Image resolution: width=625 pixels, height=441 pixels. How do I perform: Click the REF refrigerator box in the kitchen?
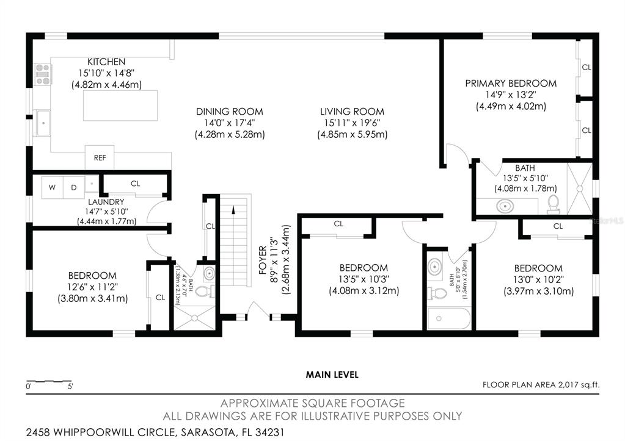pos(100,157)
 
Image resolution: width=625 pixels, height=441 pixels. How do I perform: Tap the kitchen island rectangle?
pos(120,106)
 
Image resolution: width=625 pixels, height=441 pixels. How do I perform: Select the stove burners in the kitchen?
pos(43,74)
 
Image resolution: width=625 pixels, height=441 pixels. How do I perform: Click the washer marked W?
pos(52,187)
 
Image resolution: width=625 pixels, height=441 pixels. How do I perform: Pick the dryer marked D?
pos(74,187)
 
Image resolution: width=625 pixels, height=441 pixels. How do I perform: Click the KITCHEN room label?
pos(106,62)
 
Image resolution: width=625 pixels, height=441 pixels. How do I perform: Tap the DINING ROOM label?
pos(230,112)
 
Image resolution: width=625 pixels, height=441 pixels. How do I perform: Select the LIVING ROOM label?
pos(353,112)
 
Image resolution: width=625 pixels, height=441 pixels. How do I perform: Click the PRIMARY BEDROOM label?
pos(511,83)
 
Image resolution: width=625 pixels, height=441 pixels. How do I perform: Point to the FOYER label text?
pos(263,260)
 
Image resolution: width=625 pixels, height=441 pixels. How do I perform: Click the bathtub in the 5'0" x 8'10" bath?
pos(449,318)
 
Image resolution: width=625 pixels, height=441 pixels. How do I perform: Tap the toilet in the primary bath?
pos(554,204)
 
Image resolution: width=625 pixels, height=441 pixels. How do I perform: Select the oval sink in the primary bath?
pos(505,207)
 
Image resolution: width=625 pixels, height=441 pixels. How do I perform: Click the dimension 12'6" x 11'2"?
pos(92,287)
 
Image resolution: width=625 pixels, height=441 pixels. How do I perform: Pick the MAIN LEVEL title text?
pos(332,375)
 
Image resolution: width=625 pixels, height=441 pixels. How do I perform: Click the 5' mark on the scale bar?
pos(70,386)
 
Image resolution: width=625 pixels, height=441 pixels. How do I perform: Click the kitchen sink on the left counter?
pos(42,123)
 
